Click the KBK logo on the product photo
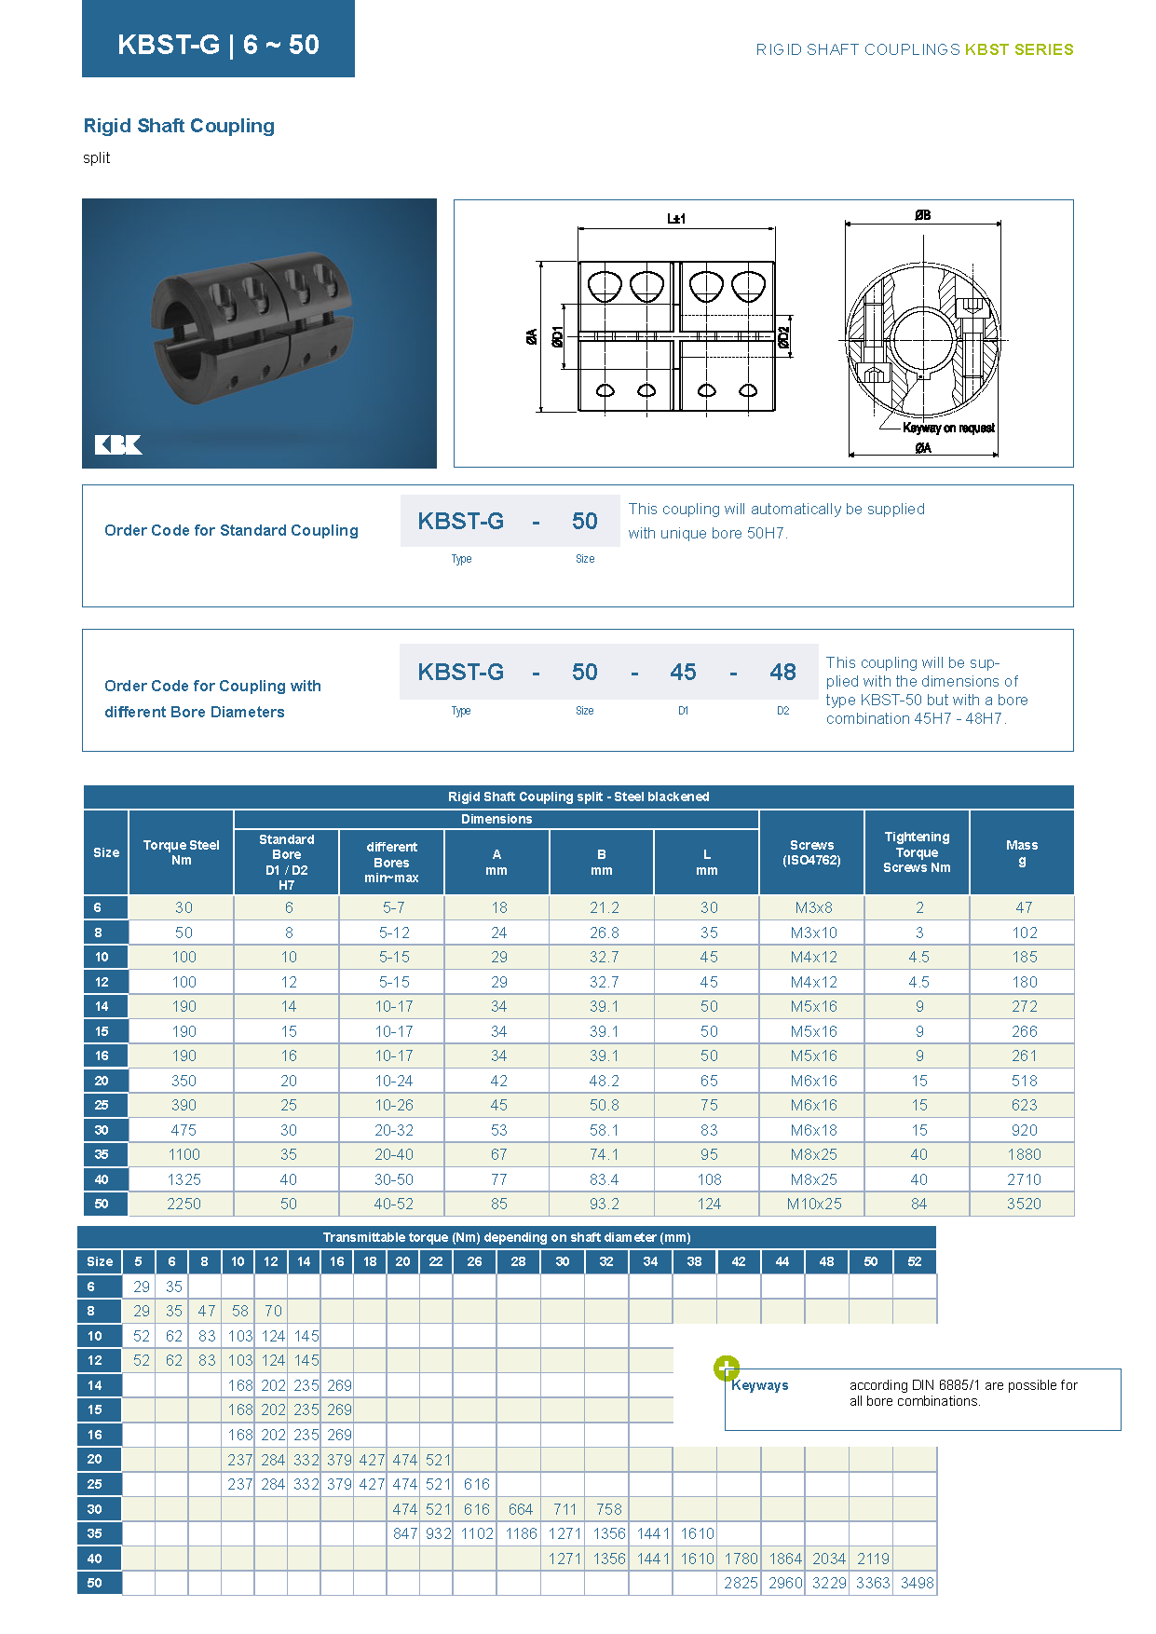(x=118, y=444)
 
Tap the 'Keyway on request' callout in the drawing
(x=948, y=428)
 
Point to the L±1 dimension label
(x=676, y=219)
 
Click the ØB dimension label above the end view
(x=922, y=215)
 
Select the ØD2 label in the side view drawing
(x=784, y=337)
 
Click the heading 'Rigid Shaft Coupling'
(x=179, y=126)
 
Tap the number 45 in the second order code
(x=683, y=672)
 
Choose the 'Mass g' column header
(x=1022, y=852)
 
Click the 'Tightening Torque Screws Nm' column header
(x=917, y=852)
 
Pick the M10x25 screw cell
(x=813, y=1204)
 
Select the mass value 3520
(x=1024, y=1204)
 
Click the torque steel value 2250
(x=184, y=1204)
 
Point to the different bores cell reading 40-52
(x=393, y=1204)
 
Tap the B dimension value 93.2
(x=604, y=1204)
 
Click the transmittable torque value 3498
(x=917, y=1583)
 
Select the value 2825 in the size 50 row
(x=741, y=1583)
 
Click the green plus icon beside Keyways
(x=727, y=1368)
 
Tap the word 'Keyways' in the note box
(x=760, y=1385)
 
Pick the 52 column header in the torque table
(x=915, y=1261)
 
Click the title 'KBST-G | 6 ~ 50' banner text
(x=218, y=44)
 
